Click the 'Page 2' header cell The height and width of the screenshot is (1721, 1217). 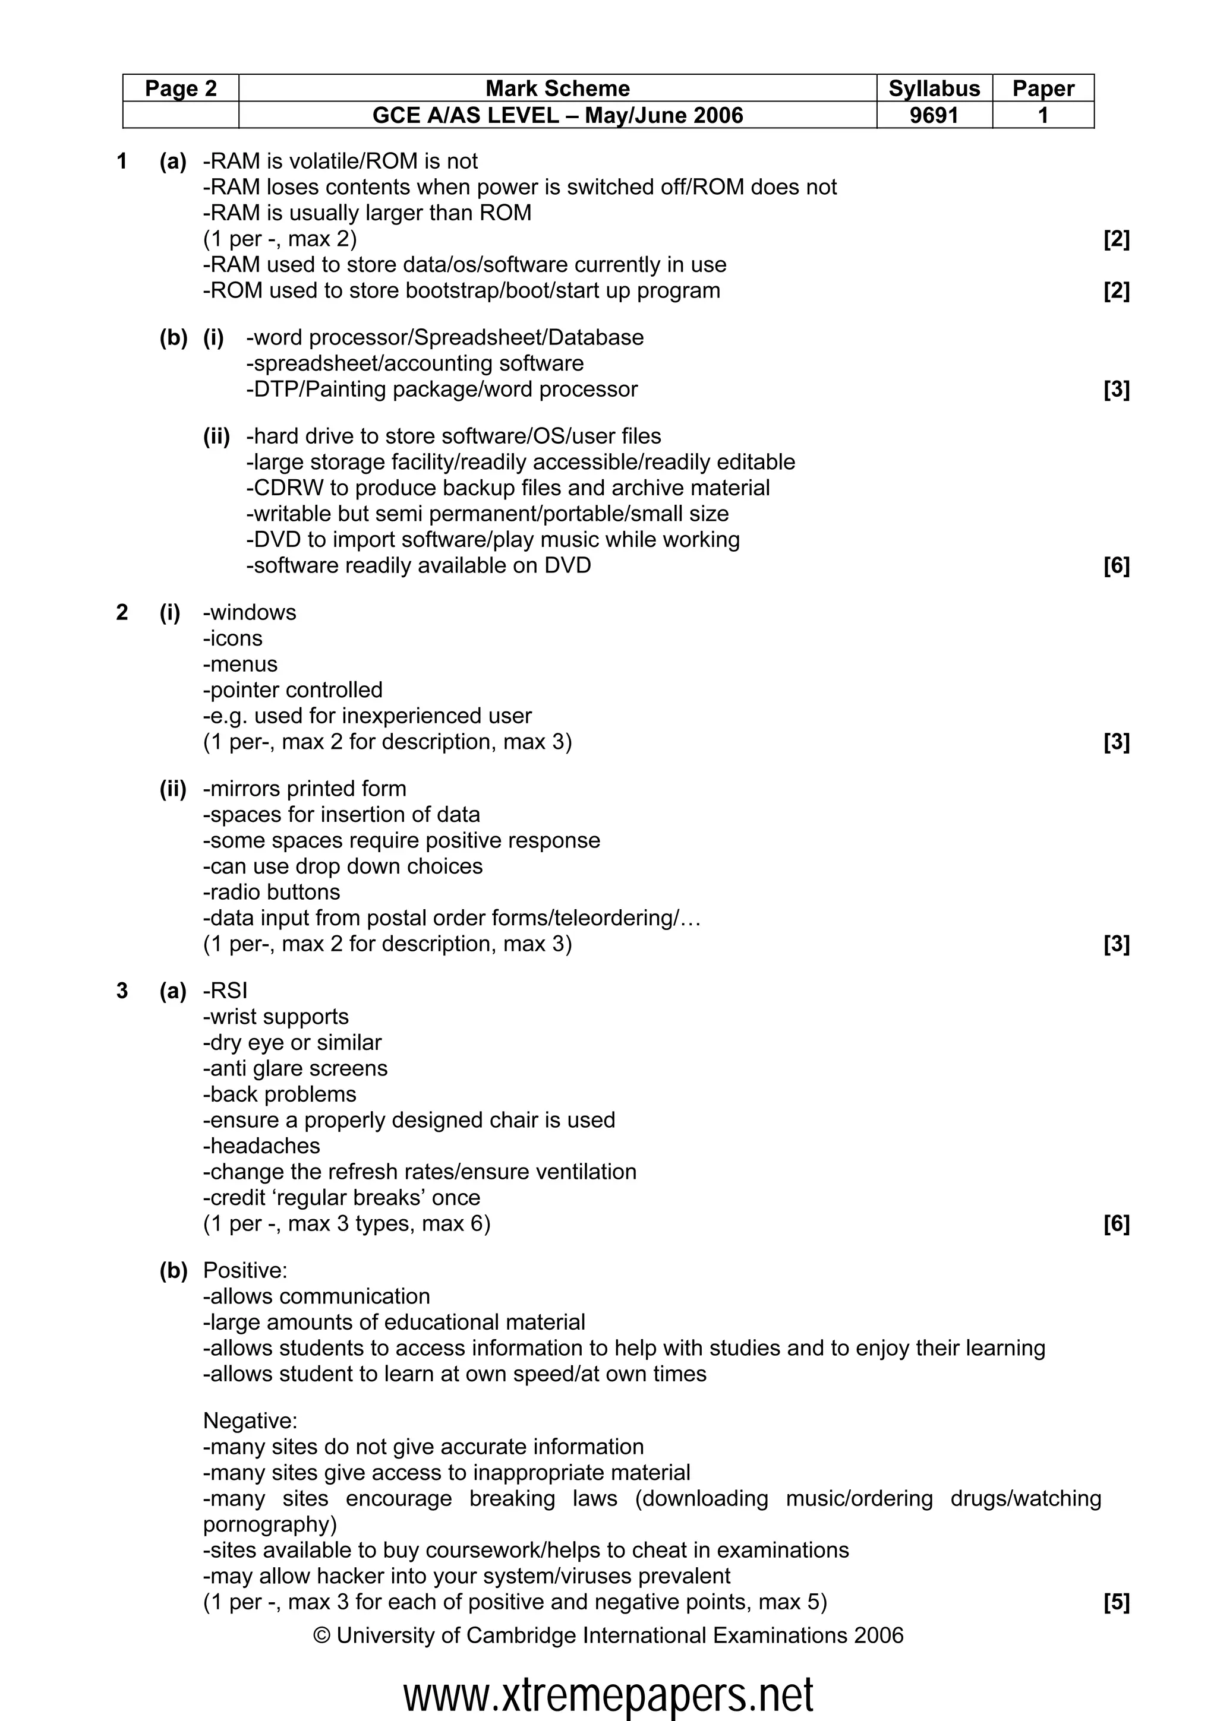(181, 88)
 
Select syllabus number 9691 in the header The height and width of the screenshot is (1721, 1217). (934, 115)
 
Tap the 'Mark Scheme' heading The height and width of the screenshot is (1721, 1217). (557, 88)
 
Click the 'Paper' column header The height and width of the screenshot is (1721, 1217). (1042, 88)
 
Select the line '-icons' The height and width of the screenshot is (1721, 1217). (232, 638)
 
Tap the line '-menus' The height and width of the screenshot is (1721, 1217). (240, 664)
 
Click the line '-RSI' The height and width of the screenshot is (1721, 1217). (225, 991)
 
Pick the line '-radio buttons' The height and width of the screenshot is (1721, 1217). (272, 892)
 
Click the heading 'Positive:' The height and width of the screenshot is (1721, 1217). (245, 1270)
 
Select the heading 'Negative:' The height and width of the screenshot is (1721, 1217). (250, 1421)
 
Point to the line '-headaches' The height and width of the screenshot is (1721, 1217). (261, 1146)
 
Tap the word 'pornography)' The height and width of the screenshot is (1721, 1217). (270, 1524)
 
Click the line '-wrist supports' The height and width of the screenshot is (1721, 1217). (276, 1017)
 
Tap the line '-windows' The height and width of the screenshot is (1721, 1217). (250, 612)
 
